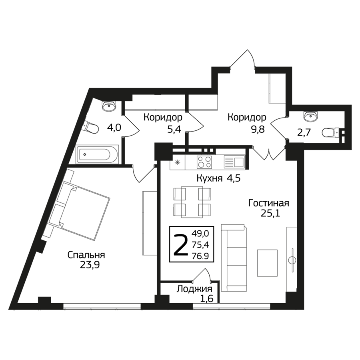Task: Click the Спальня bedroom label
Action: [86, 255]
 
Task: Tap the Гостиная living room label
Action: [269, 204]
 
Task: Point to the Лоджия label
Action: [194, 289]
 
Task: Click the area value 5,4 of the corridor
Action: [174, 129]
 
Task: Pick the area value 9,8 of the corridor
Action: [258, 129]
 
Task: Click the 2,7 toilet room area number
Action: [304, 132]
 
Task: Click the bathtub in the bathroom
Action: [97, 154]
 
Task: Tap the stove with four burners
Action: [204, 162]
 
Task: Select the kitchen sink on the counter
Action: [234, 162]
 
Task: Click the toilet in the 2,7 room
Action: [331, 133]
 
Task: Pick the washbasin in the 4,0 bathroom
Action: [109, 106]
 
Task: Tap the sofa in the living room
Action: [234, 258]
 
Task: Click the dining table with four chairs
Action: [192, 202]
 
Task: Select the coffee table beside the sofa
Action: [267, 263]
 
